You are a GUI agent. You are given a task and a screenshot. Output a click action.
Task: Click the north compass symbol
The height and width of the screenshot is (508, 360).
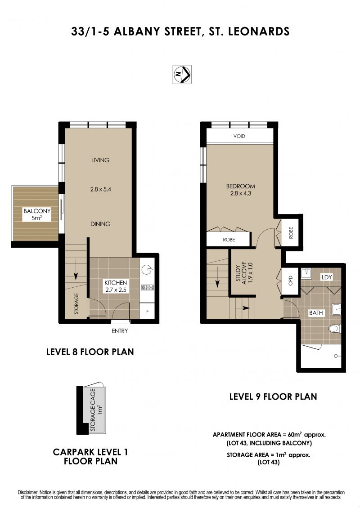click(182, 75)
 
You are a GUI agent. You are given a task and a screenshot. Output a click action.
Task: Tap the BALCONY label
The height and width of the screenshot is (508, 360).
click(37, 211)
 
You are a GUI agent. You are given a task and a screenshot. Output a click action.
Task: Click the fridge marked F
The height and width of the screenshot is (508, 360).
click(148, 312)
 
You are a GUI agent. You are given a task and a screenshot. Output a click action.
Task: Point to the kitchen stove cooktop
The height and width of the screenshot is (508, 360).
click(148, 287)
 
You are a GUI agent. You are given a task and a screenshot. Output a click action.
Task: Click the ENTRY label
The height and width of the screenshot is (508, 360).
click(120, 331)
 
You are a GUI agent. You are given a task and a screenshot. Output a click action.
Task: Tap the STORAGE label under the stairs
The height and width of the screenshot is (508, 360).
click(76, 303)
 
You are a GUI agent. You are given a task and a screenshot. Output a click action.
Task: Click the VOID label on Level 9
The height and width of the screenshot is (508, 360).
click(239, 136)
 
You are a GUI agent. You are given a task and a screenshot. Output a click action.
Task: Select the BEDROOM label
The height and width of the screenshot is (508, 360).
click(241, 186)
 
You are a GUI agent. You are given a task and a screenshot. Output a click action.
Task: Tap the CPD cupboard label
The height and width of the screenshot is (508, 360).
click(291, 281)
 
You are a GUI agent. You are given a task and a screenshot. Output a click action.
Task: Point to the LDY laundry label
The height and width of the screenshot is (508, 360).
click(327, 277)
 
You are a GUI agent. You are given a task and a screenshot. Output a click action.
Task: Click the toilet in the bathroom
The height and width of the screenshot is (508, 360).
click(334, 329)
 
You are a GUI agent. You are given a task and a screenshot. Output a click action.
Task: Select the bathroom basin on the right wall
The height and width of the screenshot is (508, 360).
click(337, 309)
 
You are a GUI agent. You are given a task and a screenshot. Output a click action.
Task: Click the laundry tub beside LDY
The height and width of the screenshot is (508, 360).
click(306, 274)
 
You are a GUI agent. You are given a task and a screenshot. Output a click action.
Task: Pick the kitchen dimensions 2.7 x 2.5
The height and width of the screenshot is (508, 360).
click(116, 290)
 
